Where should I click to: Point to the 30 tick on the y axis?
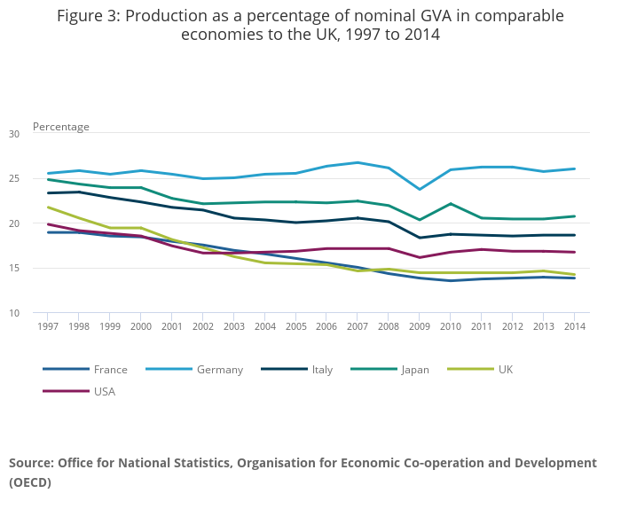pos(14,134)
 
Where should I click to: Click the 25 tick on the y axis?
pos(14,179)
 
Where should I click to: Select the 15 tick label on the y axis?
pos(14,269)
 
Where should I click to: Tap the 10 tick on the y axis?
pos(14,313)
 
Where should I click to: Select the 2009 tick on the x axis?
pos(420,326)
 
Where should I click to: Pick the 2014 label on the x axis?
pos(575,326)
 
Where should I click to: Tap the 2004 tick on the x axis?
pos(264,326)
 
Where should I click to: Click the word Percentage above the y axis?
pos(61,127)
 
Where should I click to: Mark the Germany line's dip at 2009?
pos(420,190)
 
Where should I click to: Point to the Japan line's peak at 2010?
pos(451,204)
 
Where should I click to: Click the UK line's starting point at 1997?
pos(48,208)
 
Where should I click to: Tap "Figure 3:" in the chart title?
pos(91,16)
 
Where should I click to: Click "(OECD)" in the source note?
pos(30,482)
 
